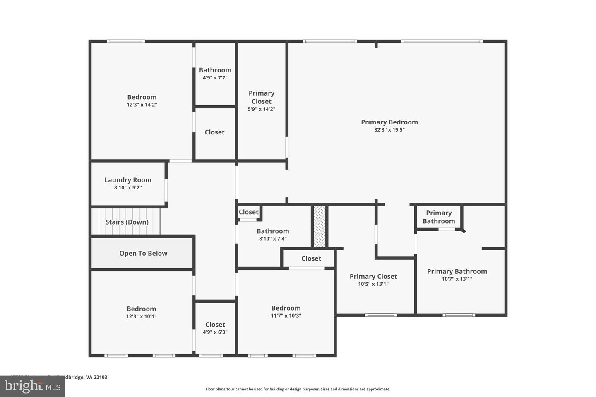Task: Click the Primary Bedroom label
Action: coord(389,122)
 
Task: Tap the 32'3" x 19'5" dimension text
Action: coord(389,130)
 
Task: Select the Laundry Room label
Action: coord(128,180)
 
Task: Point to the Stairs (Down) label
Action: coord(127,222)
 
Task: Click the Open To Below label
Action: coord(143,254)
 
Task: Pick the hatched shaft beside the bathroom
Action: coord(319,226)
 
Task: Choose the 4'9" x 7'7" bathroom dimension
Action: coord(215,78)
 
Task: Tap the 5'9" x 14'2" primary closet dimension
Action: coord(261,109)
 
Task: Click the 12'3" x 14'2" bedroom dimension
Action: coord(142,105)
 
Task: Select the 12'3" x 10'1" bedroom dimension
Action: coord(142,317)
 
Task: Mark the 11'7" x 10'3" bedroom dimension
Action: coord(286,316)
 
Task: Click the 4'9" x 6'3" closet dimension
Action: coord(215,332)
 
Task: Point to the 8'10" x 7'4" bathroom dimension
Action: coord(273,239)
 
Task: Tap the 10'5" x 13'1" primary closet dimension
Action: coord(373,284)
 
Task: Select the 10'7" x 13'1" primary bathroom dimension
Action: coord(457,279)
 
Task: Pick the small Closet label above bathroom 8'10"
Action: coord(248,212)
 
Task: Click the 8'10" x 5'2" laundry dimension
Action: coord(128,188)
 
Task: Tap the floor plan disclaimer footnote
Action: coord(298,389)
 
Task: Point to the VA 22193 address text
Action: coord(96,377)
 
